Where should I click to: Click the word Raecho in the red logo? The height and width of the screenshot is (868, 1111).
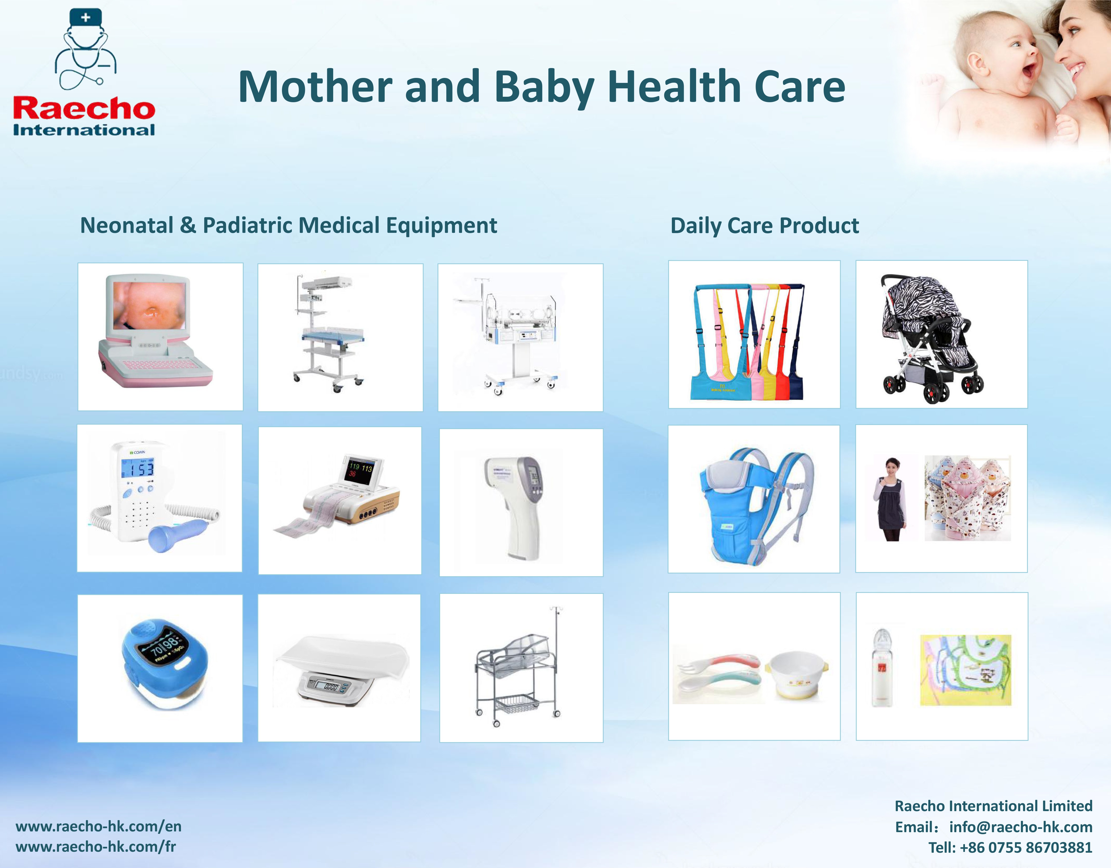tap(84, 108)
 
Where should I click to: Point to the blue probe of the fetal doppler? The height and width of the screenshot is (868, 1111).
tap(176, 535)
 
